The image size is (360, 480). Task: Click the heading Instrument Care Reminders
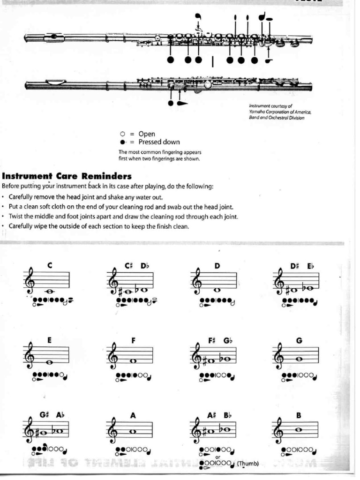pos(67,177)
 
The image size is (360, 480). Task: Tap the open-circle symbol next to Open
pos(123,134)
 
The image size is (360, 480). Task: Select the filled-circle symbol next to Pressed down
pos(123,142)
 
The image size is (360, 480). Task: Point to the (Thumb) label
pos(247,464)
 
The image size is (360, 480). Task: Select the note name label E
pos(49,341)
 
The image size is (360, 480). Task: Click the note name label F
pos(134,341)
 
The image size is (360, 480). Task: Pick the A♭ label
pos(60,415)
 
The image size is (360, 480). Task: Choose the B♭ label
pos(227,415)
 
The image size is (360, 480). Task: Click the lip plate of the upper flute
pos(55,36)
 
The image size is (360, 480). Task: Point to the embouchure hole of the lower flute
pos(56,82)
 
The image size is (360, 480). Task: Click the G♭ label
pos(228,341)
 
